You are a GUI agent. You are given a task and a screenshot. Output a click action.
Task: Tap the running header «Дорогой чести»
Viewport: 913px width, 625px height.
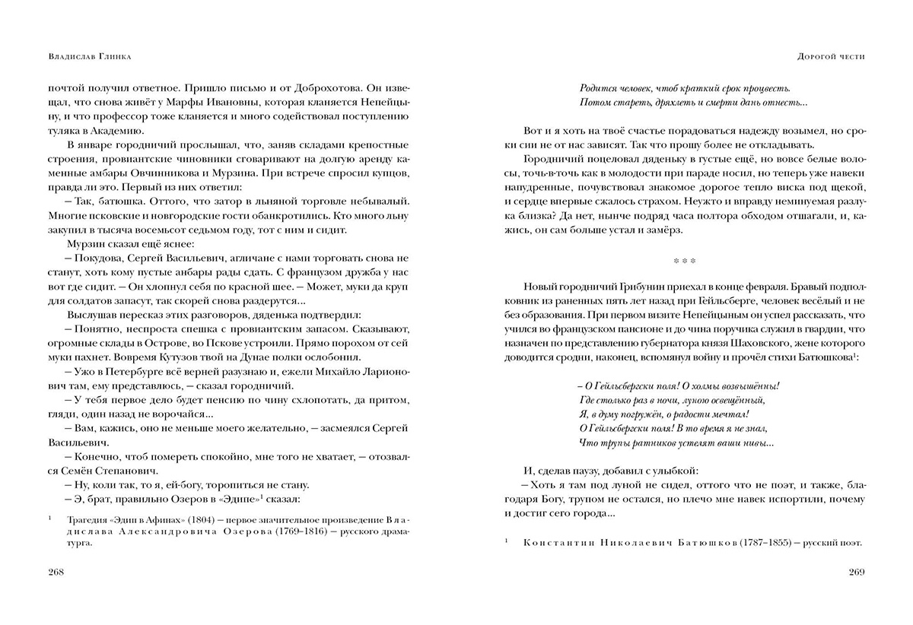pos(830,56)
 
